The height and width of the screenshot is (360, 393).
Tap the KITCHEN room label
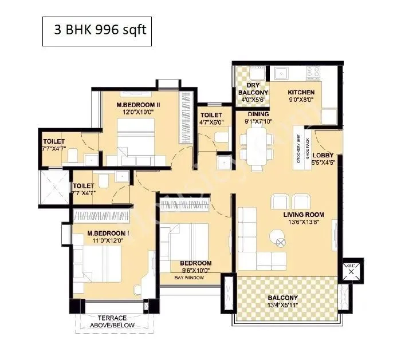301,92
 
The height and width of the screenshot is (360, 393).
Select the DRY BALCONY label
252,89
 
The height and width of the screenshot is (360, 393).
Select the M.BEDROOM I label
108,234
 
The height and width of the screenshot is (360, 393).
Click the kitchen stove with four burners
313,72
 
